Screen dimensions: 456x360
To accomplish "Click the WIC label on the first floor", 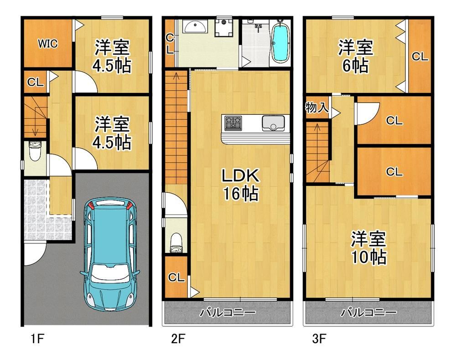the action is pos(48,44).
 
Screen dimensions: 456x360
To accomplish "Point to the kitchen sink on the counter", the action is pos(273,123).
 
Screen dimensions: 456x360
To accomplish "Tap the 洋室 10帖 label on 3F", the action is pos(369,247).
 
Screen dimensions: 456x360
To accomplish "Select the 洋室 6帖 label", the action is pos(355,57).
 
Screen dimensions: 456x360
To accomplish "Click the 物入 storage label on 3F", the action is pos(317,108).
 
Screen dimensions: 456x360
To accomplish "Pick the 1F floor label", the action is pos(37,339).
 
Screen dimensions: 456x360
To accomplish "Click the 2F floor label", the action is pos(178,339).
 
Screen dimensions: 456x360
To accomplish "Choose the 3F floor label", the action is pos(319,339).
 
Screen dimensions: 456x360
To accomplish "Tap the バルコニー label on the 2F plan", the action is pos(228,313).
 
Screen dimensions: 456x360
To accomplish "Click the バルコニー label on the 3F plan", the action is pos(368,313).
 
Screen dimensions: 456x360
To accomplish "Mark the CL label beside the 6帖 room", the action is pos(420,57).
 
